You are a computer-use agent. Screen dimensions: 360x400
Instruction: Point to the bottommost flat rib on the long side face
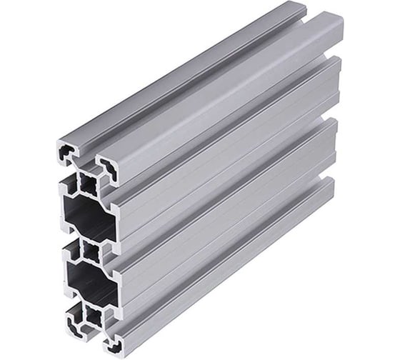pos(229,286)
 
